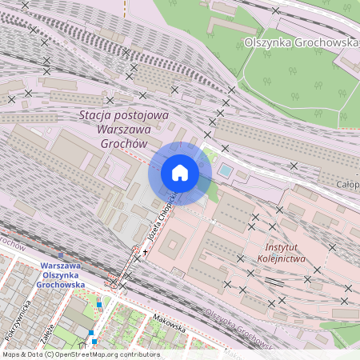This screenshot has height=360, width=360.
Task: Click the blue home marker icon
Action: point(180,173)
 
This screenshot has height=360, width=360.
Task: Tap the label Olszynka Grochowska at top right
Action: point(301,42)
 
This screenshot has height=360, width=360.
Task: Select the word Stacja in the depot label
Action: point(98,115)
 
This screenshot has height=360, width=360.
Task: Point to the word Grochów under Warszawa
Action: point(124,144)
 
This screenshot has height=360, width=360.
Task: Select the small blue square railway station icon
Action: point(61,255)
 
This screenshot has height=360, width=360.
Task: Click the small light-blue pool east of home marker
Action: point(226,170)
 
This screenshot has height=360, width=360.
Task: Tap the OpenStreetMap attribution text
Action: point(80,354)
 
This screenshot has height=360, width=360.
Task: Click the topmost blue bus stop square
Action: point(99,304)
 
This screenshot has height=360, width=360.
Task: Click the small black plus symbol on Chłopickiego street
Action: point(145,252)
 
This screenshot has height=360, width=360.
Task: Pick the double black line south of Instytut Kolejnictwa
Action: point(274,282)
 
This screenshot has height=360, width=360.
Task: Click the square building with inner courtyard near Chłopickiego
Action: point(173,246)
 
